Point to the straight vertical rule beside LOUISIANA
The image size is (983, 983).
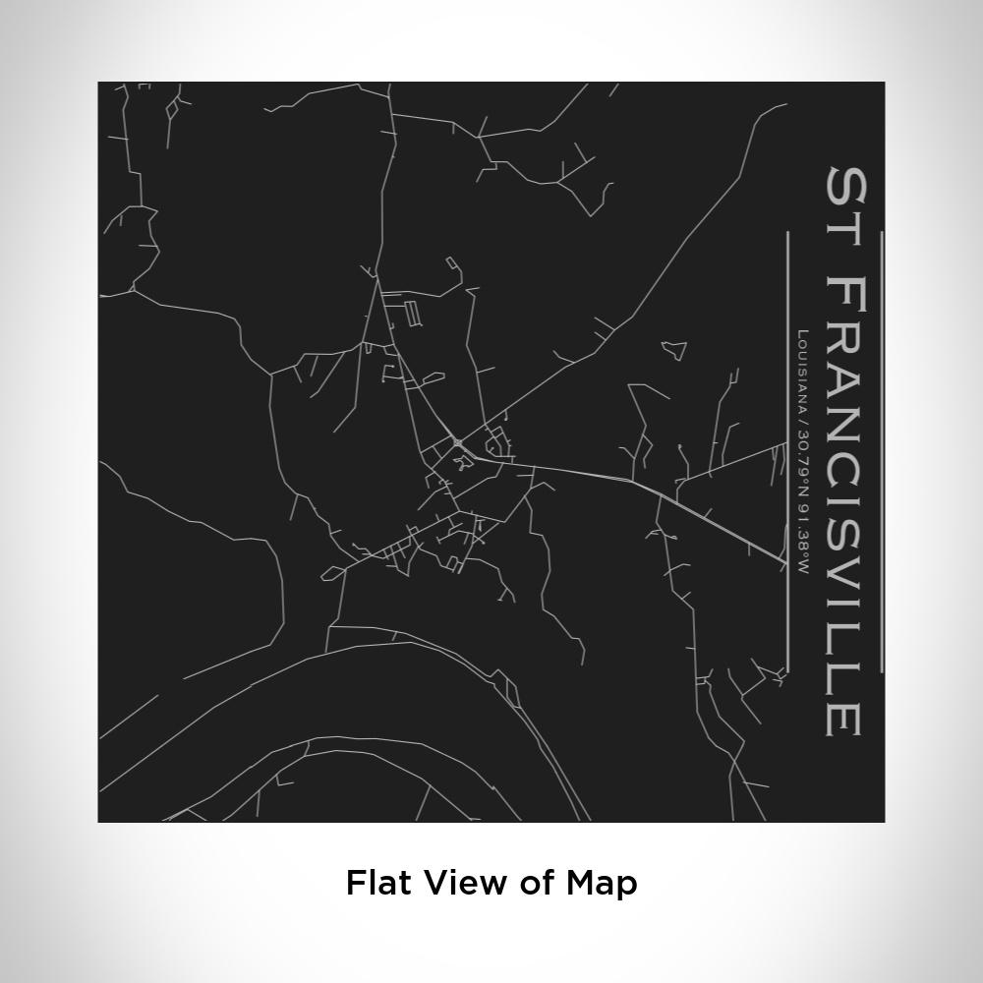pos(787,452)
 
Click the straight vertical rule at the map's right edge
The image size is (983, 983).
pos(882,452)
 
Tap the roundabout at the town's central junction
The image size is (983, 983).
pos(458,443)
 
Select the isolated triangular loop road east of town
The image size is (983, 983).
pos(673,349)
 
